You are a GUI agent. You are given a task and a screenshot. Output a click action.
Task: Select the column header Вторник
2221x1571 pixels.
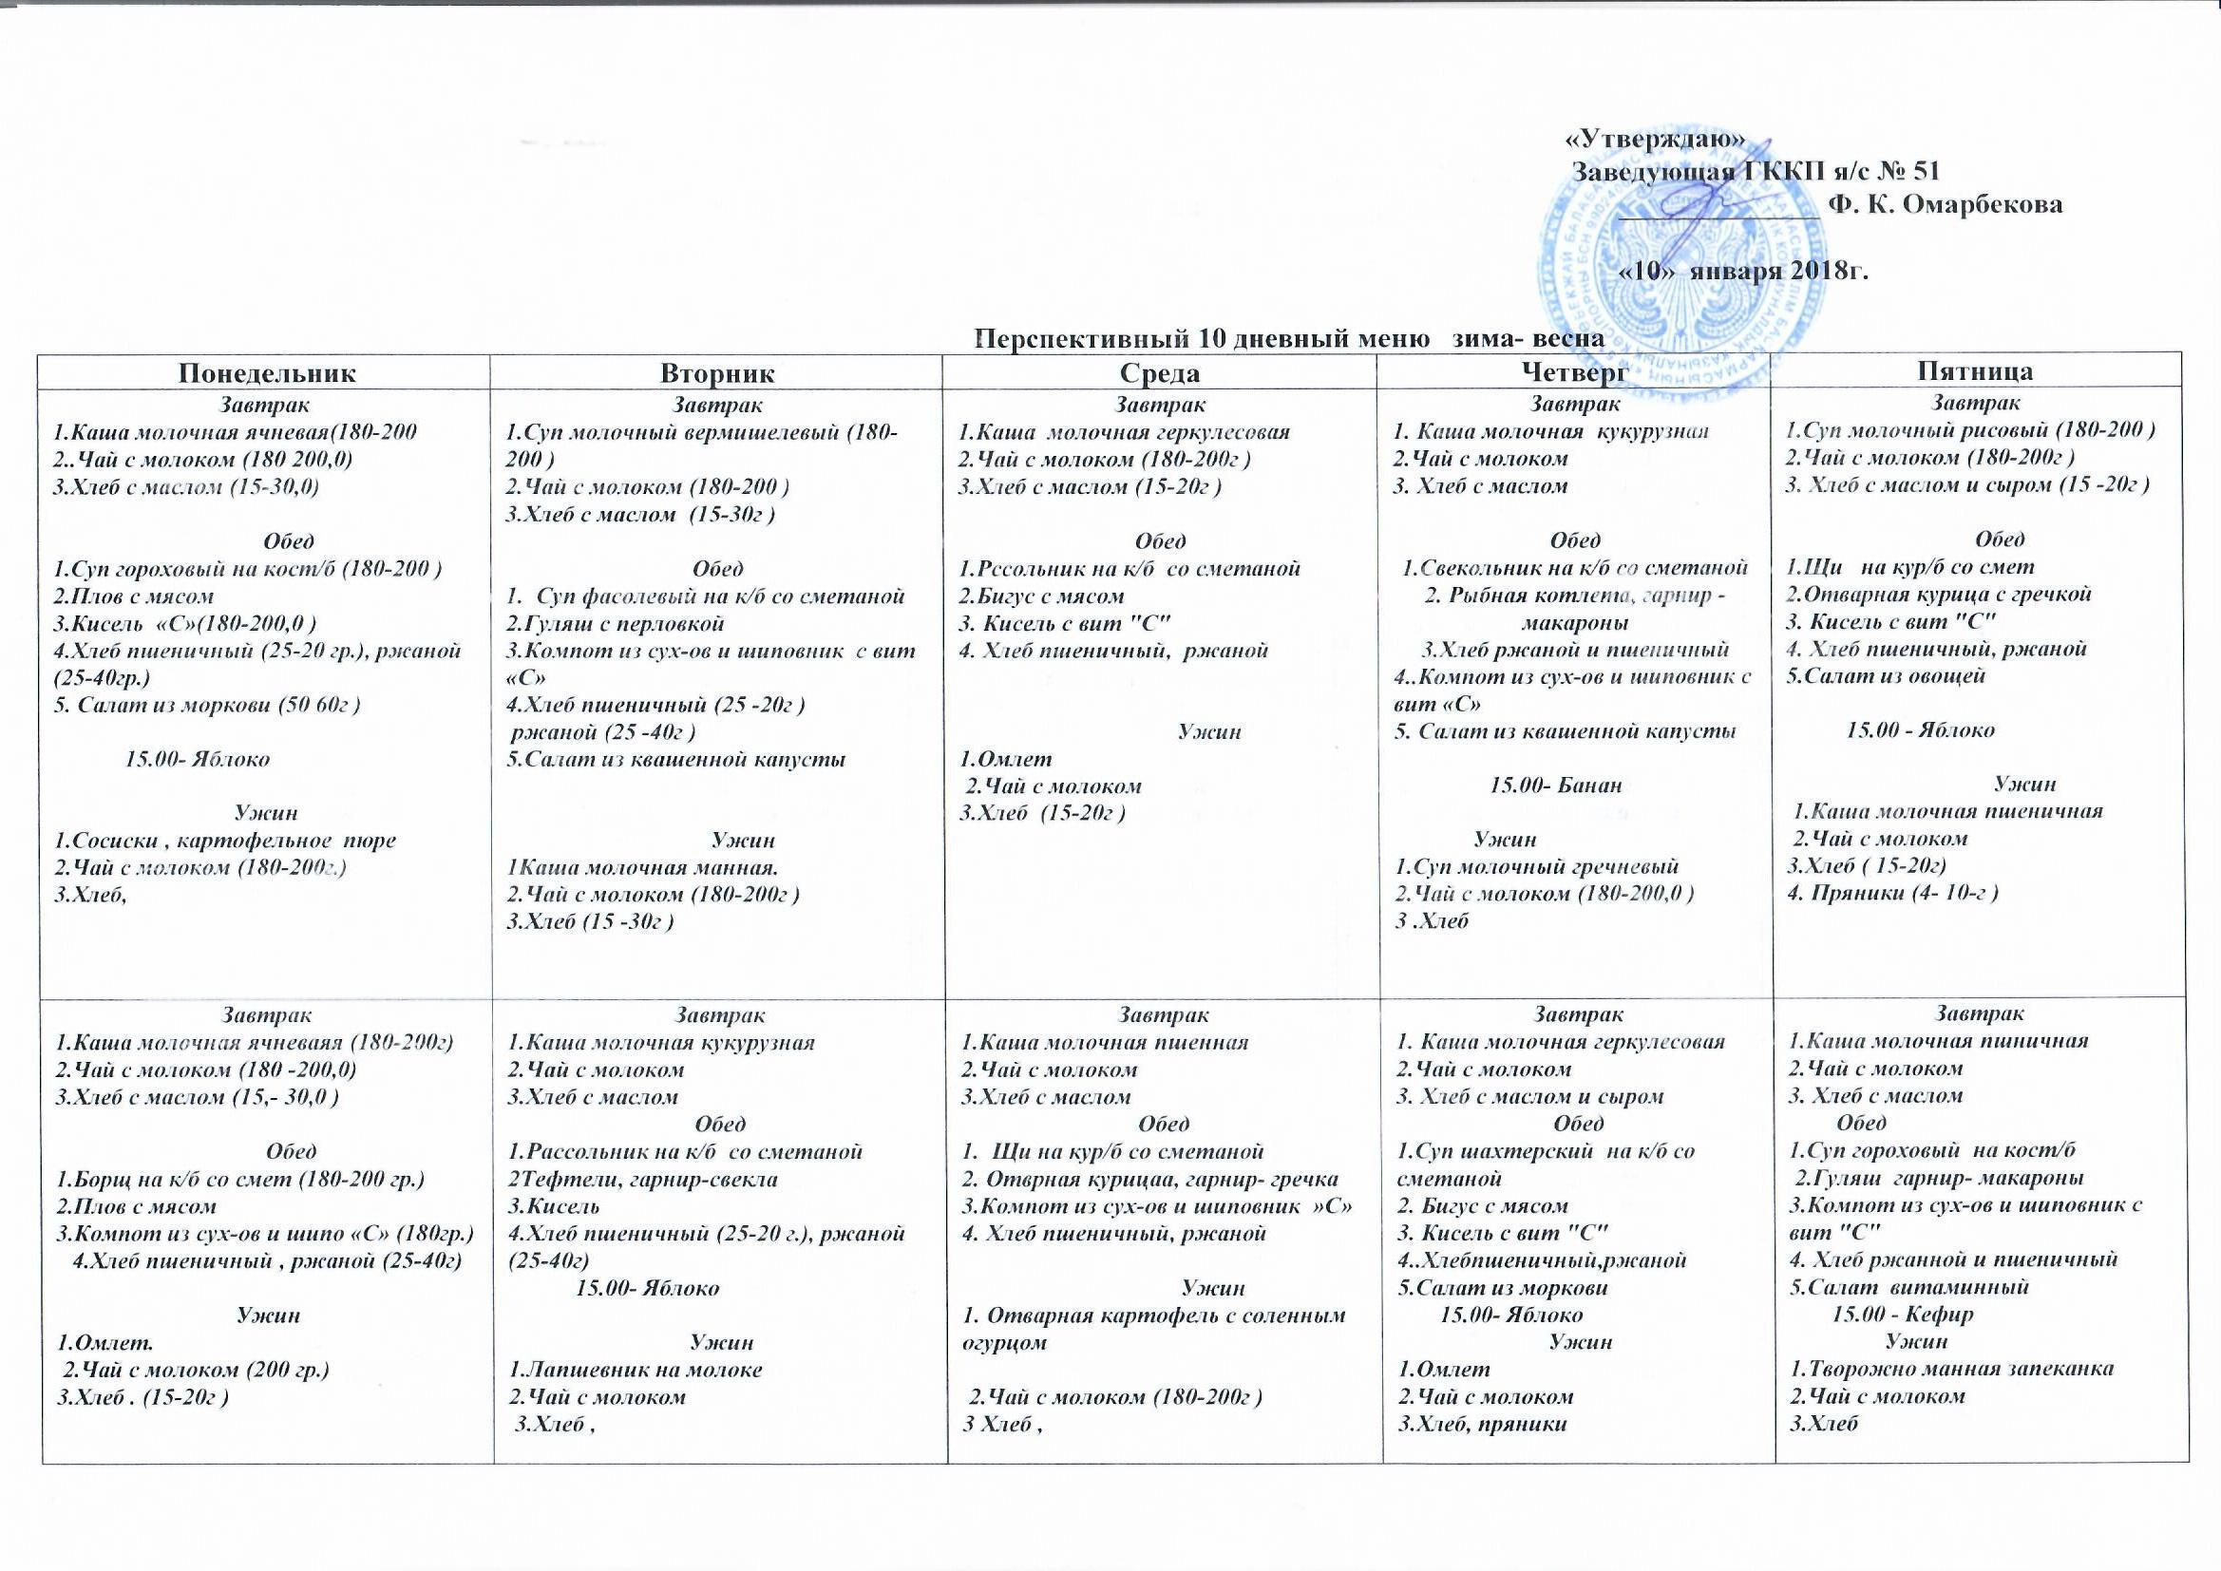(x=717, y=372)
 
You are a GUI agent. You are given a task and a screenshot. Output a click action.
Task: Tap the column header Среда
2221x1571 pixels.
(x=1160, y=372)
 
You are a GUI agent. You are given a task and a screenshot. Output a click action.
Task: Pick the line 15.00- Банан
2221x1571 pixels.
(x=1555, y=785)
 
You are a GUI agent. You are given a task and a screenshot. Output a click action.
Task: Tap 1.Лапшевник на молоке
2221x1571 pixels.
(x=636, y=1369)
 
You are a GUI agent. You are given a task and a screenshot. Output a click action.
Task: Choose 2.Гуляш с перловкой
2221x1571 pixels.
(x=616, y=623)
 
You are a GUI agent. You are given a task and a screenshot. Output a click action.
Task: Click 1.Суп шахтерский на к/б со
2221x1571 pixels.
(x=1546, y=1152)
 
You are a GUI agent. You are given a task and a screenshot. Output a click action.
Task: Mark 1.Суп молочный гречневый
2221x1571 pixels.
(x=1536, y=867)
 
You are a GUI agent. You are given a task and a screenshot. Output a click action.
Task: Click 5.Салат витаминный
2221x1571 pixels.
(x=1908, y=1288)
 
